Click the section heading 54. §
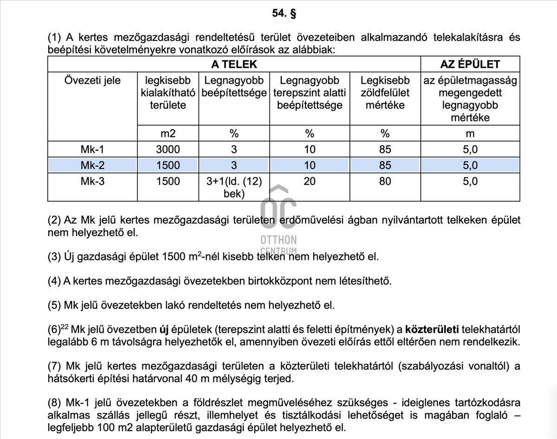(284, 13)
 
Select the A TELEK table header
(234, 64)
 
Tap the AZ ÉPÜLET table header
(470, 64)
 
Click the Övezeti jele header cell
(92, 81)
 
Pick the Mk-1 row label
(92, 149)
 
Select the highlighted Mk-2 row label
(92, 165)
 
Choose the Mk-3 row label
(92, 181)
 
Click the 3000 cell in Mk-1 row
(168, 149)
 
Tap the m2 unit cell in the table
(168, 133)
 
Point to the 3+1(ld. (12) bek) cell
(234, 187)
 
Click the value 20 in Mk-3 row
(310, 181)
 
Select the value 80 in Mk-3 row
(385, 181)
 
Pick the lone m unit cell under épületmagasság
(470, 133)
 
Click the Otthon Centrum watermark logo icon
(278, 207)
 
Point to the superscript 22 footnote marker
(65, 327)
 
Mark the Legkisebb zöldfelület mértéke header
(385, 93)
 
